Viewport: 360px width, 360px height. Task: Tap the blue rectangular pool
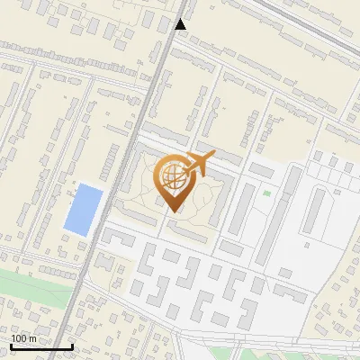pos(82,210)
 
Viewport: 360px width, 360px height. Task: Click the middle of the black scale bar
pos(41,346)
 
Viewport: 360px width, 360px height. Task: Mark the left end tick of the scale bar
pos(12,346)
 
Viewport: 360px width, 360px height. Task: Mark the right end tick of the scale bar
pos(72,346)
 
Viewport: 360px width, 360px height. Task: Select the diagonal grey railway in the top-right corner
pos(315,22)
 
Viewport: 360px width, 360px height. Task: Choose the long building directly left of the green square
pos(242,207)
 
